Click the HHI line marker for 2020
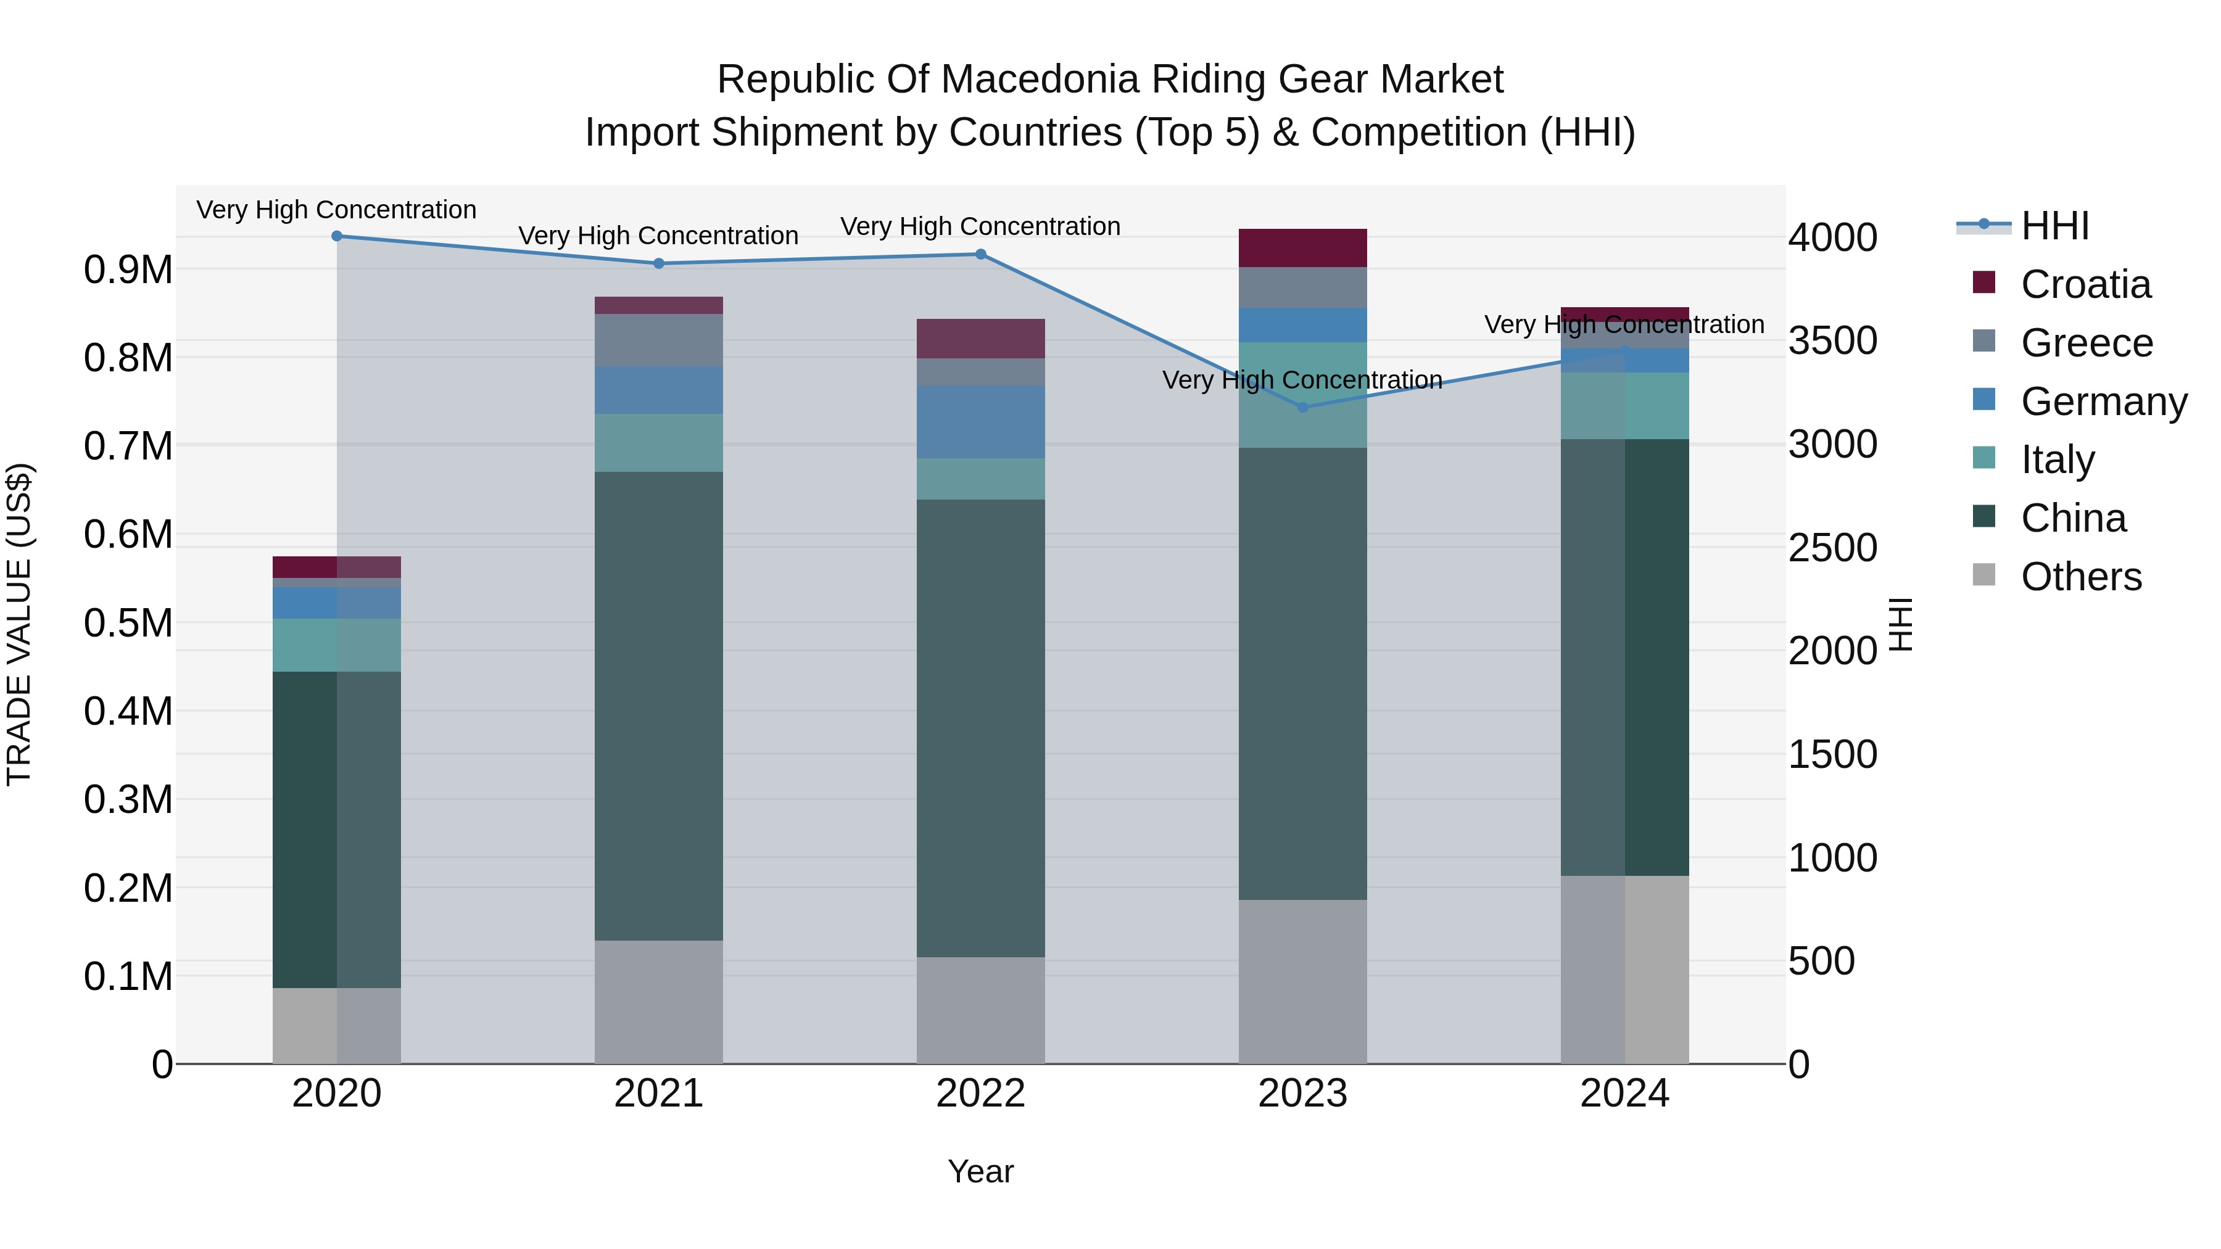pos(337,236)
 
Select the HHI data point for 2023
pos(1303,408)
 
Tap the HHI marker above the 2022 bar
pos(980,254)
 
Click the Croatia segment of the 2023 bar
pos(1303,248)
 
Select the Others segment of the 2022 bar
pos(980,1010)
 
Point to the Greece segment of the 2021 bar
pos(659,340)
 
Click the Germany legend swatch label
pos(2103,402)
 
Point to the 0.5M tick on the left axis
pos(128,623)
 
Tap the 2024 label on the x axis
pos(1624,1094)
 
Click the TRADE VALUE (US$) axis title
pos(19,624)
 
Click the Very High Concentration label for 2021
pos(659,236)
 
